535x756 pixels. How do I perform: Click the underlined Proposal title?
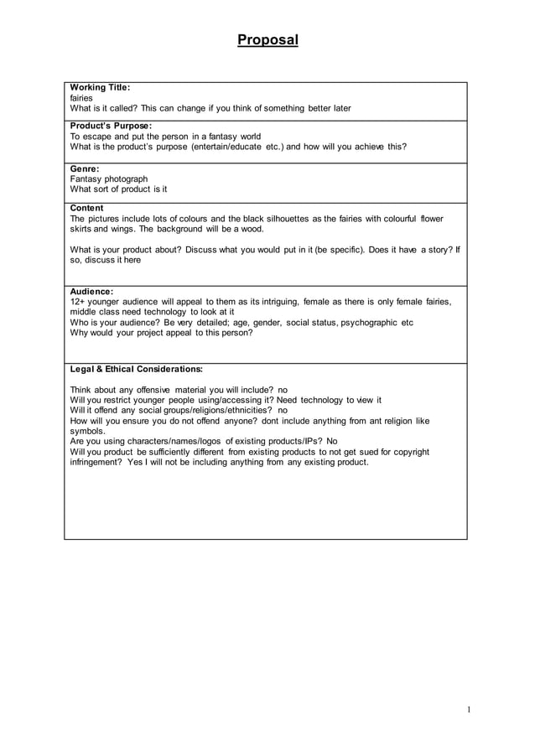(x=267, y=39)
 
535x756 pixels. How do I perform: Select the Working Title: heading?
(x=100, y=87)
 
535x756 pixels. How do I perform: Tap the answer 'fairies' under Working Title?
(x=81, y=98)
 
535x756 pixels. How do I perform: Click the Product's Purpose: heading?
(x=111, y=126)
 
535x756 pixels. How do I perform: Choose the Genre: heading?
(x=85, y=168)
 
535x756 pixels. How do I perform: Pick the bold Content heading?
(x=87, y=208)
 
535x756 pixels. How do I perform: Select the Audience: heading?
(x=91, y=292)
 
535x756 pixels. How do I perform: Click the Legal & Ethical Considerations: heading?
(x=136, y=368)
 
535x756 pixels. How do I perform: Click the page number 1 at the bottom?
(x=469, y=710)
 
